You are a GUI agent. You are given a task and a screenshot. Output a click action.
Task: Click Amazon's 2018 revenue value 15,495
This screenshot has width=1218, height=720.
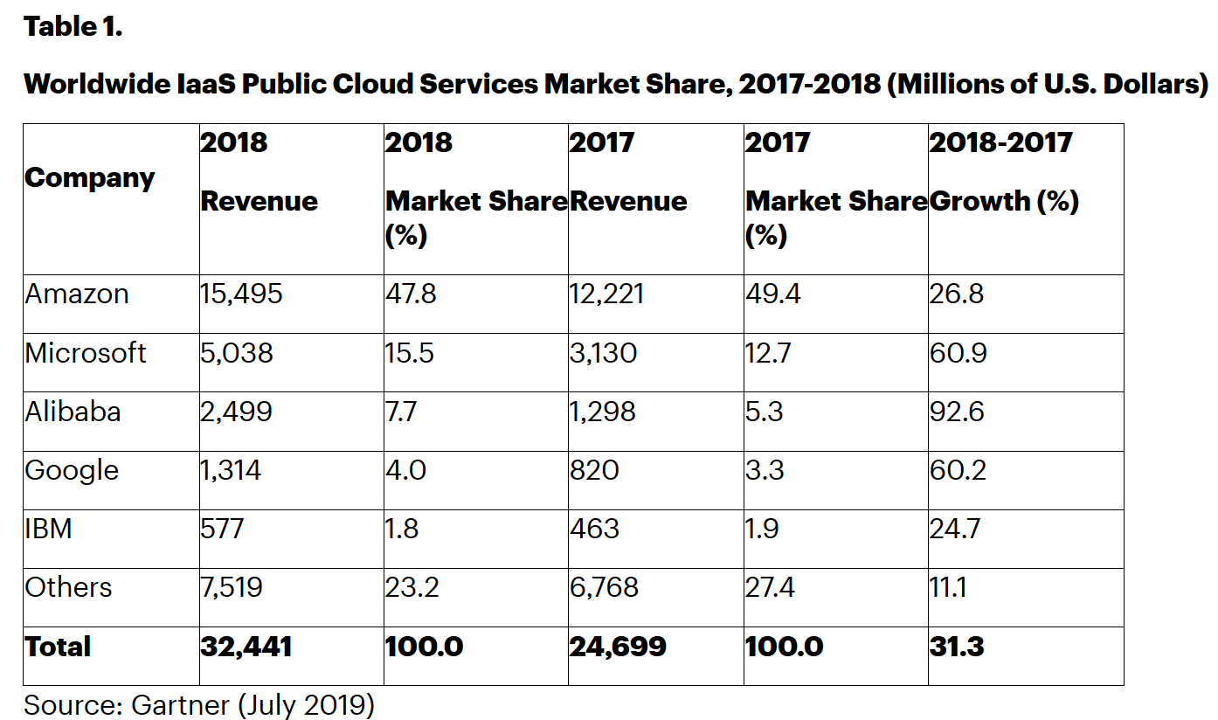point(242,294)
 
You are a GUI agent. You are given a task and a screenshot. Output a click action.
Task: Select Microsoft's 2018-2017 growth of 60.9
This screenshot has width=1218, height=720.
point(956,353)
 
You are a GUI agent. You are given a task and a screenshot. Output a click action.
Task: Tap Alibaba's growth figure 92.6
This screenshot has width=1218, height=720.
point(957,412)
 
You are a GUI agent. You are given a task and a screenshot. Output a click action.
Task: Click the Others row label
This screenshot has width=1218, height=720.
point(68,587)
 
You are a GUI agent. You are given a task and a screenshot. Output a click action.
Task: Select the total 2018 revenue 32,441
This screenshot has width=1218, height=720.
point(246,647)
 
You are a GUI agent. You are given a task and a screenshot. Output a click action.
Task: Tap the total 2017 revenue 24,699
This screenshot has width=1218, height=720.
point(617,647)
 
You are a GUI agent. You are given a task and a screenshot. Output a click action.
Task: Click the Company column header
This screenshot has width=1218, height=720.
point(89,178)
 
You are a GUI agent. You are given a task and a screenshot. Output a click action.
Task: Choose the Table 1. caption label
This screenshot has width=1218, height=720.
point(73,27)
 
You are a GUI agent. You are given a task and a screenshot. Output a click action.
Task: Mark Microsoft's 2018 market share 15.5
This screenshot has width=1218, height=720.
point(410,353)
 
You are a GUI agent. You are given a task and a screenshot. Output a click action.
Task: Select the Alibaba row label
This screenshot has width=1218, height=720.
point(73,412)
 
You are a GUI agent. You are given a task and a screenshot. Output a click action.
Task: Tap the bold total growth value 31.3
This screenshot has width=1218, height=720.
point(956,647)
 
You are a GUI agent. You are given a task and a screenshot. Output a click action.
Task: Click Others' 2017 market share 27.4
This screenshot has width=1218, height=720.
point(770,587)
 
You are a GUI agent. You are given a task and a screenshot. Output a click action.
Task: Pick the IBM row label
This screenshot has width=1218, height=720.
point(48,529)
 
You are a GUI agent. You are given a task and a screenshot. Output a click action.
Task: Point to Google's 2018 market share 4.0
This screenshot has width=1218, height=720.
point(405,470)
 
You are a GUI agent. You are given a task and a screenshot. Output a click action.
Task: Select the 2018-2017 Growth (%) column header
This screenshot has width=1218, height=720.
point(1003,171)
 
